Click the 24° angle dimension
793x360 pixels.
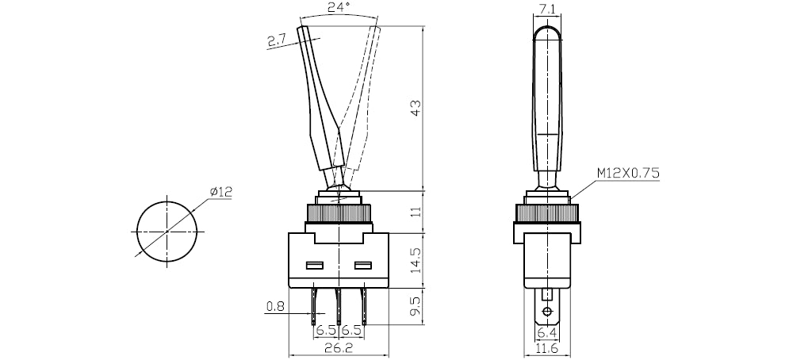click(x=339, y=10)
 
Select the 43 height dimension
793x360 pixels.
click(x=416, y=108)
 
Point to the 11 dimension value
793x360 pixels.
click(x=416, y=212)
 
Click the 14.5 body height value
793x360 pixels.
click(x=416, y=259)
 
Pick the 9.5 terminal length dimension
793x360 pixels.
click(x=416, y=306)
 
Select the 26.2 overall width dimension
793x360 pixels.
click(x=339, y=347)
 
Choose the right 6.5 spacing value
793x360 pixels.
click(x=351, y=330)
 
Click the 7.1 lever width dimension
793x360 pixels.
click(x=547, y=10)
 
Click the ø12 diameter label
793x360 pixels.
click(x=220, y=191)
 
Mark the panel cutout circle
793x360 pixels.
click(x=167, y=230)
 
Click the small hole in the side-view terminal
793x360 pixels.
click(x=547, y=310)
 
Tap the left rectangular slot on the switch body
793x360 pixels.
click(x=314, y=265)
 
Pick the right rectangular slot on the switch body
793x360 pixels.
click(x=363, y=265)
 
